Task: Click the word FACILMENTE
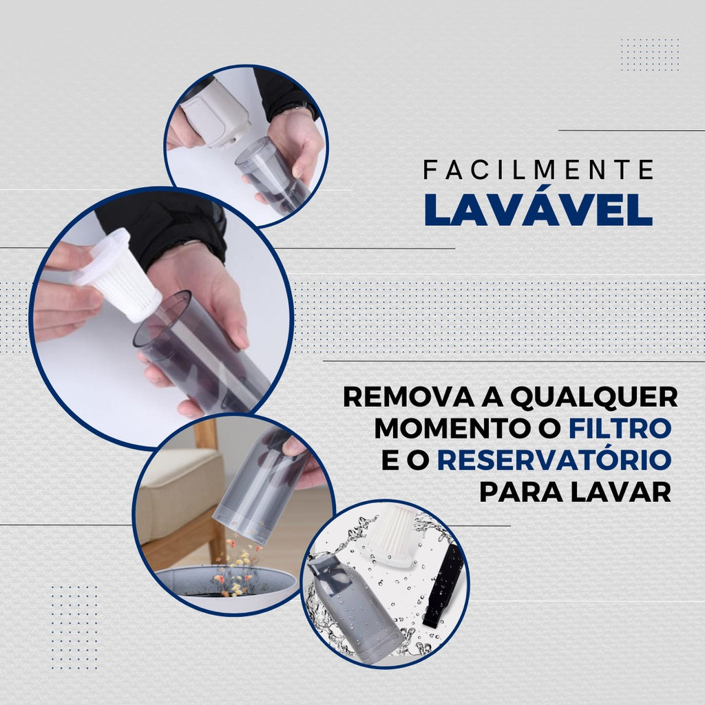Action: [x=538, y=170]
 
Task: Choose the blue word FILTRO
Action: [x=620, y=428]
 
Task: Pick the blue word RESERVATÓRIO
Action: [x=554, y=460]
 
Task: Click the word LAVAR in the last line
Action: [x=624, y=492]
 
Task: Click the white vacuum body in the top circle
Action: [x=213, y=114]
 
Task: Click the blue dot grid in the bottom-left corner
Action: [x=74, y=627]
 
